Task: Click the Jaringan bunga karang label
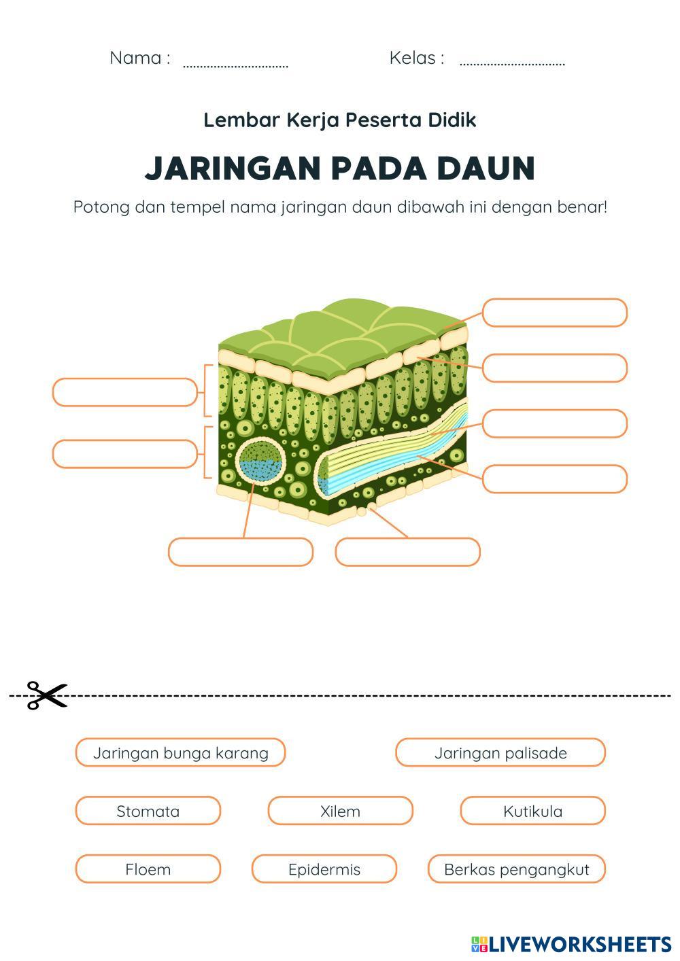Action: pos(180,752)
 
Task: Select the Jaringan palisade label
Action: pos(500,752)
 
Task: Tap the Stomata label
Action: pos(148,811)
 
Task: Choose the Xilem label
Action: pos(340,811)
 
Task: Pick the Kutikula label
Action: pos(532,811)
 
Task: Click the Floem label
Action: pos(148,869)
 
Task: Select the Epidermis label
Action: pos(324,869)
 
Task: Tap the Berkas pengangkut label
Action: pos(516,869)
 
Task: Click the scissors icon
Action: pos(47,695)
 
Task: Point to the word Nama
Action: pos(135,58)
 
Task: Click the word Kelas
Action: pos(412,58)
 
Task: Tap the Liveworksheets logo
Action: pos(571,944)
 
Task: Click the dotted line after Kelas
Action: pos(512,65)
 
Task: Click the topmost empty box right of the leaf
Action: pos(554,313)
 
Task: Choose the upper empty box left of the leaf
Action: pos(124,392)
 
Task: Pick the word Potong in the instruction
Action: pos(101,207)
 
